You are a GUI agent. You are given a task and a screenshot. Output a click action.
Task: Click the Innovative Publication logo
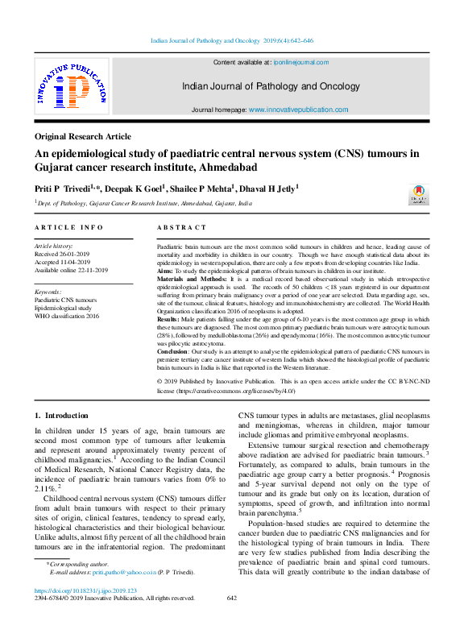(71, 87)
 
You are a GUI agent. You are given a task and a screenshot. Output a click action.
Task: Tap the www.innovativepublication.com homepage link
(298, 110)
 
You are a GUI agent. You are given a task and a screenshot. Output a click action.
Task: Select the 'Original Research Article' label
(83, 136)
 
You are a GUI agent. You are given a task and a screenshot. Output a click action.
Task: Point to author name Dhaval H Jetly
(269, 187)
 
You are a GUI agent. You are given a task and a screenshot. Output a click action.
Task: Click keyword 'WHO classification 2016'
(67, 316)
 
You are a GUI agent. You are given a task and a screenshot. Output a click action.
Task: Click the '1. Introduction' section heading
(61, 416)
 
